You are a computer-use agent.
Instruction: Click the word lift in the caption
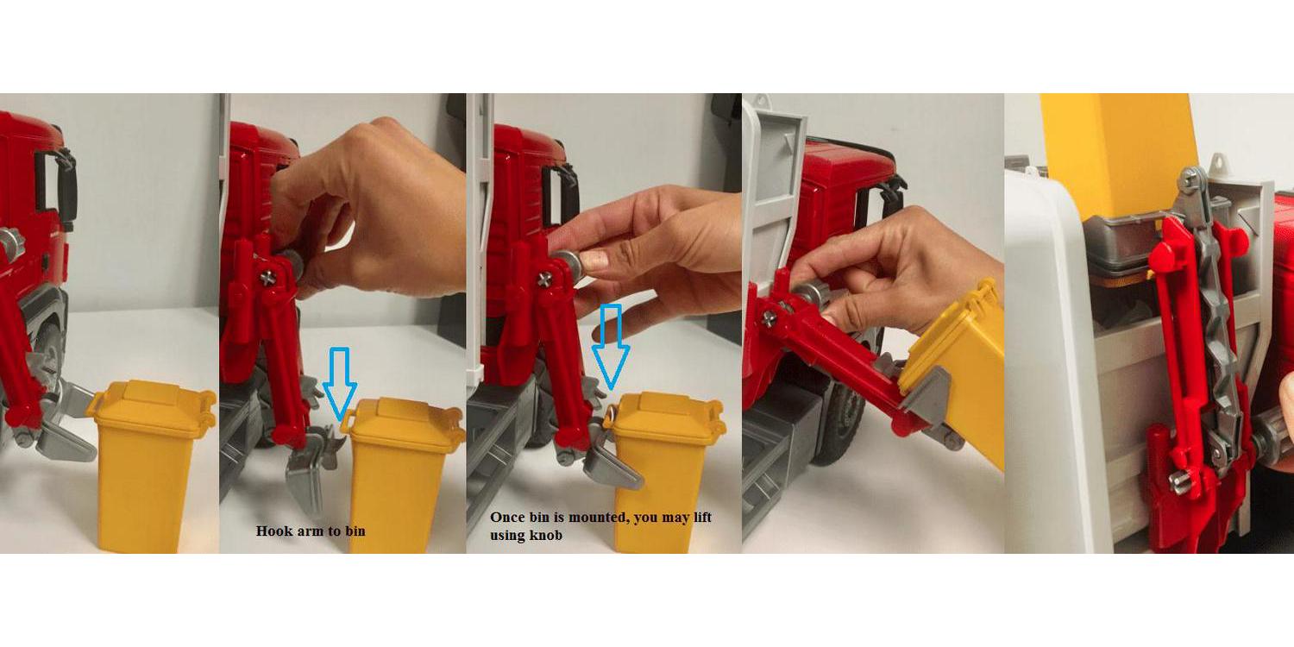tap(702, 517)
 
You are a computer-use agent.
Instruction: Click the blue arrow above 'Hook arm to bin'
tap(340, 382)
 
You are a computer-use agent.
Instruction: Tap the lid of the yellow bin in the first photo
tap(152, 406)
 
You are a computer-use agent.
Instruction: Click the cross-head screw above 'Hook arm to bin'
tap(268, 279)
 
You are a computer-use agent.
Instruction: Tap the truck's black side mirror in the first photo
tap(66, 185)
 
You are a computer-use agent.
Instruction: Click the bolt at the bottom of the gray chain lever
tap(1182, 481)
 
